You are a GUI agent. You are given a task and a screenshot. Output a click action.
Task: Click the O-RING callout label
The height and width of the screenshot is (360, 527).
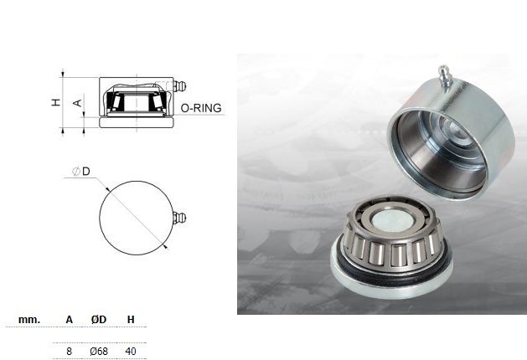coord(201,108)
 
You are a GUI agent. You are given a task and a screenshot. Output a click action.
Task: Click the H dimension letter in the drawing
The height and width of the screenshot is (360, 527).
coord(56,102)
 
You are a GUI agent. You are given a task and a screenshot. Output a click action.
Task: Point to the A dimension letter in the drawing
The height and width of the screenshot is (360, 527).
coord(78,103)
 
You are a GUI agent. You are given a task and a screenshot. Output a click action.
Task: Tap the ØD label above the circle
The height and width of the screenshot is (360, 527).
coord(81,172)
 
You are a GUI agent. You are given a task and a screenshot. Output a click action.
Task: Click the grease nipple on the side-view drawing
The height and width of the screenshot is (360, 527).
coord(179,86)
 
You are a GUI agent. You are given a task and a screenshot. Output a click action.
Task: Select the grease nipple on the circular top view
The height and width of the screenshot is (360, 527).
coord(179,219)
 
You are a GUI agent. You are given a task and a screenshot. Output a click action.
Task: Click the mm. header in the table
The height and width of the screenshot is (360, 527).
coord(29,320)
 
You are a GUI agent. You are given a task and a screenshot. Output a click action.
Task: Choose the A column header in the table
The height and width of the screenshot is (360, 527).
coord(70,320)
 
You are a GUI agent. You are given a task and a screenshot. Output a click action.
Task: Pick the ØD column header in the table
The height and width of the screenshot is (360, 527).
coord(99,320)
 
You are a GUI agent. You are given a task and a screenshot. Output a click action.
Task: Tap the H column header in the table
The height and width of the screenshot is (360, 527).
coord(131,320)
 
